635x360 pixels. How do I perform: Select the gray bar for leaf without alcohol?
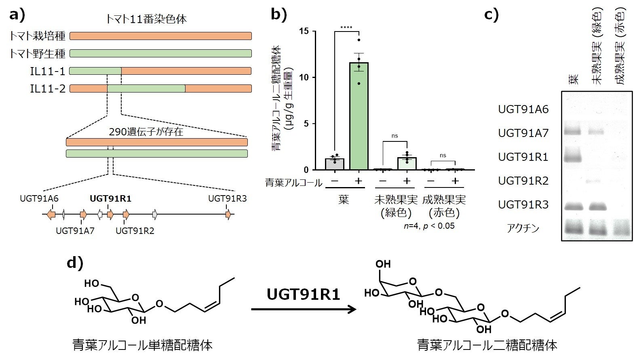(x=334, y=164)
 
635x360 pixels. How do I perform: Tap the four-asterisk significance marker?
(x=346, y=28)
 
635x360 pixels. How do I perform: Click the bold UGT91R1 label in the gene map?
(x=110, y=198)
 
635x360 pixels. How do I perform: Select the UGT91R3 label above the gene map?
(x=227, y=198)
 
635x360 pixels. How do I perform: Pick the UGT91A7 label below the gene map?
(x=75, y=231)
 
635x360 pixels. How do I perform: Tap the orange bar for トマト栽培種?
(x=160, y=36)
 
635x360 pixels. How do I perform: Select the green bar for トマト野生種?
(x=160, y=53)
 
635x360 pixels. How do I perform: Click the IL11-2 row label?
(x=48, y=88)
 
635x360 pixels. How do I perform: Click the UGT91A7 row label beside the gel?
(x=523, y=133)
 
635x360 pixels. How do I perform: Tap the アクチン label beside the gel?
(x=523, y=228)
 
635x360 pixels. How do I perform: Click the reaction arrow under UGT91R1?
(x=303, y=309)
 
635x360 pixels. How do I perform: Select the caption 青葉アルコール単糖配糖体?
(x=142, y=345)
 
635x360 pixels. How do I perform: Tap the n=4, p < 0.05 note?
(x=429, y=226)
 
